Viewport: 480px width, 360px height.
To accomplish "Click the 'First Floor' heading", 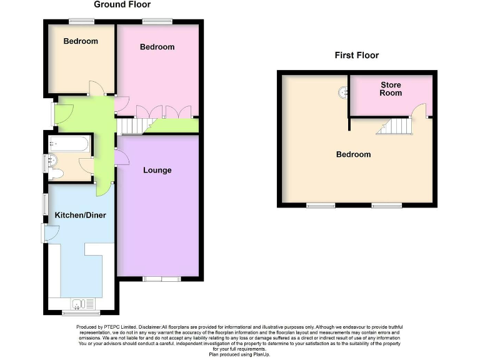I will (357, 56).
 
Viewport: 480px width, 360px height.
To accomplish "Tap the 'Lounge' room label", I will (157, 171).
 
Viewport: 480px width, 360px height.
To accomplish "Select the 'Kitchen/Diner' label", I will (80, 216).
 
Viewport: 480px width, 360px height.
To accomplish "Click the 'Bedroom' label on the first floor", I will (353, 154).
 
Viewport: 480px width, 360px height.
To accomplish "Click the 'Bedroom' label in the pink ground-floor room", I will (157, 47).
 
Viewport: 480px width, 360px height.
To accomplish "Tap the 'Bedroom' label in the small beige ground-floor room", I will (81, 41).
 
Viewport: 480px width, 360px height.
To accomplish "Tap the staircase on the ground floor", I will (131, 127).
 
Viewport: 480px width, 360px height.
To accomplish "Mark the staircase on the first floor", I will (395, 127).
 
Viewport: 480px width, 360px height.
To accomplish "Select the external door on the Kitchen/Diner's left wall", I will (51, 232).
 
